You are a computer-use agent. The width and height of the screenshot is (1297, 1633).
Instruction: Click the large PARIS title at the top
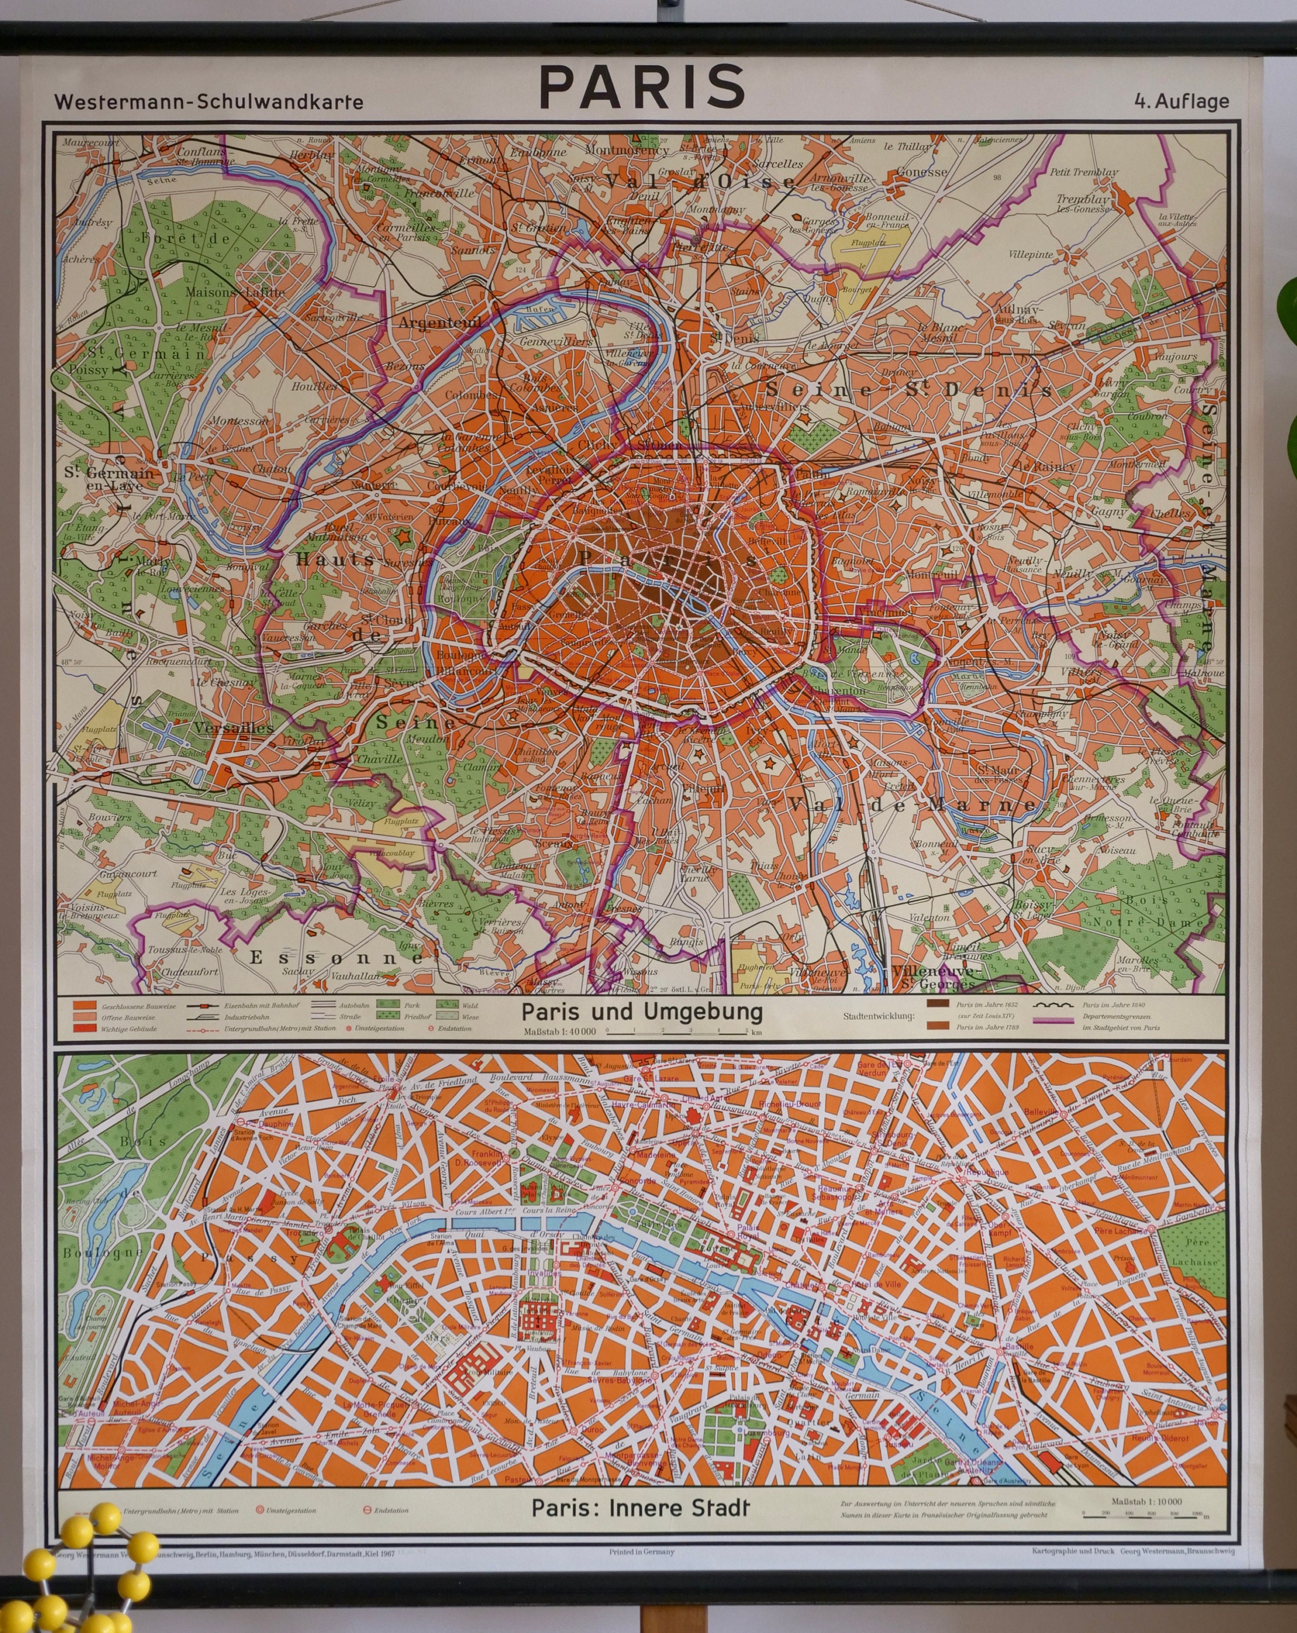coord(641,87)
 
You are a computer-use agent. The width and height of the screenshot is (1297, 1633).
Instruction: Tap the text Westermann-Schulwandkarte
coord(209,102)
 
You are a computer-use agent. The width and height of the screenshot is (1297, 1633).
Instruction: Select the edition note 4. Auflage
coord(1181,101)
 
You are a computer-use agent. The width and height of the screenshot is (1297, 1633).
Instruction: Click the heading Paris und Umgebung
coord(641,1012)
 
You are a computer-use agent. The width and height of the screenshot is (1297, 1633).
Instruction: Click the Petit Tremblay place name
coord(1084,172)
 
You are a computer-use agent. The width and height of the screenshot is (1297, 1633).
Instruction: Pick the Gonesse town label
coord(921,172)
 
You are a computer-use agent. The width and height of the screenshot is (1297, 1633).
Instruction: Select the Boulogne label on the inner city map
coord(89,1253)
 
